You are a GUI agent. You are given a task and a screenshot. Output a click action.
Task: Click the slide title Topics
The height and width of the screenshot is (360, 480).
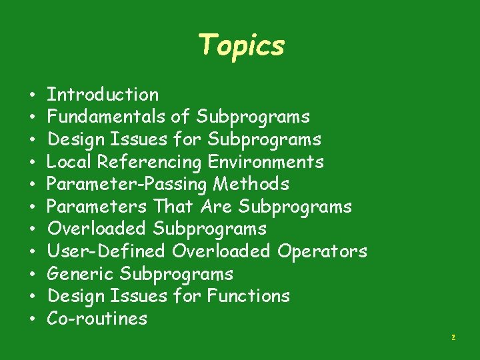coord(241,45)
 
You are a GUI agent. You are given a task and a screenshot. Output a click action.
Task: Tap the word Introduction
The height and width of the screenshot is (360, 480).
coord(103,95)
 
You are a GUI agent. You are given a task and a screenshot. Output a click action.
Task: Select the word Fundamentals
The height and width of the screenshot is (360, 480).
coord(107,117)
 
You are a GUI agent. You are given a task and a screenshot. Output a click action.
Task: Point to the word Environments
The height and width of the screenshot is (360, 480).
coord(266,162)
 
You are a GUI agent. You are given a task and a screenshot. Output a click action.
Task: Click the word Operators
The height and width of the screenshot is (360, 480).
coord(322,251)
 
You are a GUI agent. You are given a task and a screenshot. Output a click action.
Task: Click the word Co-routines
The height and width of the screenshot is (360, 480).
coord(97,319)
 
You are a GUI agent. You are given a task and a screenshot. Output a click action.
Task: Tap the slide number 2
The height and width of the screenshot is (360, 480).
coord(453,338)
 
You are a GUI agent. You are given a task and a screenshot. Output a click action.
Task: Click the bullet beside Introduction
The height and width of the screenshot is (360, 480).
coord(32,95)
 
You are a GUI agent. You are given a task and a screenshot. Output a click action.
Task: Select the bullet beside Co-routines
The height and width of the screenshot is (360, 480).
coord(32,319)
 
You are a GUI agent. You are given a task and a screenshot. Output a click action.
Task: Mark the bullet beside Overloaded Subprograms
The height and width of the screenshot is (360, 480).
coord(32,230)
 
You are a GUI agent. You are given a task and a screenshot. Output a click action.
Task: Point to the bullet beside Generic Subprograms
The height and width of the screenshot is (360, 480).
coord(32,275)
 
